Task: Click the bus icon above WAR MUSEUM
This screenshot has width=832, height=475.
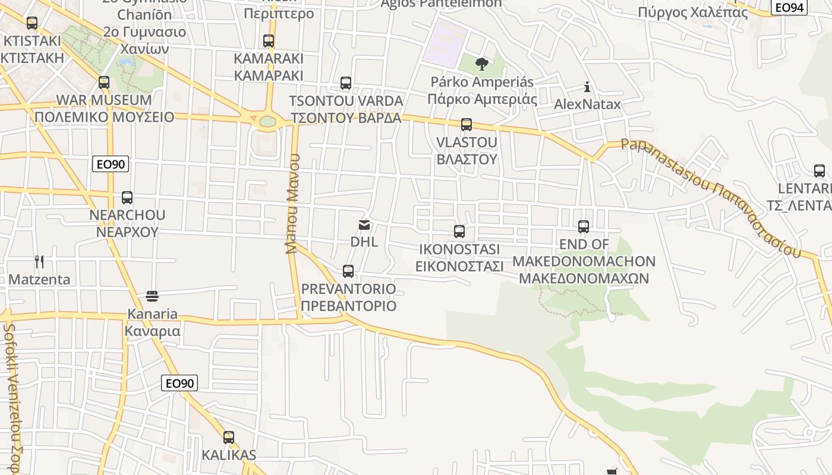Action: [x=104, y=83]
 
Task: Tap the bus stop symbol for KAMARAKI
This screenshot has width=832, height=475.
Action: [x=269, y=41]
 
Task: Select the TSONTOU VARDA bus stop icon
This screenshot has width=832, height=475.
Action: [x=346, y=83]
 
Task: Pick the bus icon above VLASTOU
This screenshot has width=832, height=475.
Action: [x=467, y=125]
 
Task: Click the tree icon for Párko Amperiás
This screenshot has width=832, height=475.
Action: [x=482, y=64]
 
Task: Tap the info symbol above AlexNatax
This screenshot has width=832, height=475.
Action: [x=587, y=87]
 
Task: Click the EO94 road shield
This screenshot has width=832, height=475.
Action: [x=789, y=7]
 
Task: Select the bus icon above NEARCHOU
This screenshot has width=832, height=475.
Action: [x=127, y=198]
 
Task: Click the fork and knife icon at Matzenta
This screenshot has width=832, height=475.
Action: [x=39, y=262]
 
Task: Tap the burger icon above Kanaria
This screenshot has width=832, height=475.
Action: [x=152, y=296]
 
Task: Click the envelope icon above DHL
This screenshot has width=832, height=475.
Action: [x=364, y=225]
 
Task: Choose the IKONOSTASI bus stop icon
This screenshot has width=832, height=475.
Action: [x=459, y=232]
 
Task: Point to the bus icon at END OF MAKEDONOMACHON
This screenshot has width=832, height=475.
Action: [x=584, y=227]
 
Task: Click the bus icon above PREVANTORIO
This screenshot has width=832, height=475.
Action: [x=348, y=271]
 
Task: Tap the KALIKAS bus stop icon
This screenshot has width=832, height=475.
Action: [x=229, y=438]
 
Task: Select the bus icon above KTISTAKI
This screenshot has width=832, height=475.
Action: [x=32, y=23]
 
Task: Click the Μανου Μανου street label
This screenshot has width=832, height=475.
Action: [x=292, y=204]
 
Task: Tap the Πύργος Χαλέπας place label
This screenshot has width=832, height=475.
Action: [x=692, y=12]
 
